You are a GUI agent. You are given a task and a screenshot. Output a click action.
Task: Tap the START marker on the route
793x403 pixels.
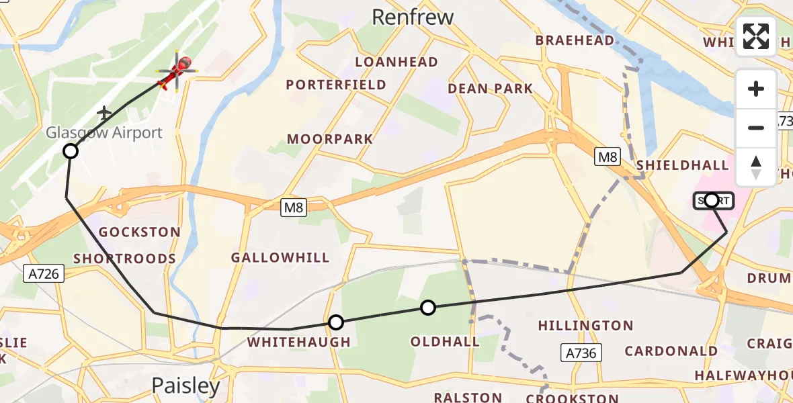point(713,200)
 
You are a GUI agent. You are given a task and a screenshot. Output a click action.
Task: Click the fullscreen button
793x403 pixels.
point(756,36)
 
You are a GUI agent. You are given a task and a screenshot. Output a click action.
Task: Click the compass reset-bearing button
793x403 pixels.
point(756,167)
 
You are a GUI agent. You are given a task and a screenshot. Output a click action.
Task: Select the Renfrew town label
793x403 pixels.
point(413,17)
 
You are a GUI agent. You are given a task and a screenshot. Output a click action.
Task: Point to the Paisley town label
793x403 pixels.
point(185,386)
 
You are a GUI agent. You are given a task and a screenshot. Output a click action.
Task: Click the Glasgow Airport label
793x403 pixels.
point(104,132)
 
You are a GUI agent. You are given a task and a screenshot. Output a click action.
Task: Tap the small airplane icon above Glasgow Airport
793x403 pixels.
point(105,112)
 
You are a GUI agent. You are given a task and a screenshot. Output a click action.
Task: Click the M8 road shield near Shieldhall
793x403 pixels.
point(607,157)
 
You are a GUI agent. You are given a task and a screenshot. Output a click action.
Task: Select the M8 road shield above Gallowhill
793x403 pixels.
point(294,208)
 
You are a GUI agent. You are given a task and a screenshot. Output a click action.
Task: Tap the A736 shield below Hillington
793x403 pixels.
point(581,353)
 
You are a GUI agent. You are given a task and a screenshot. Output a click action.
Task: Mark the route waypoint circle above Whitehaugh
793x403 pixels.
point(336,322)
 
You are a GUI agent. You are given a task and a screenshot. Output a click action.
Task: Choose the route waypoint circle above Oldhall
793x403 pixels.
point(428,308)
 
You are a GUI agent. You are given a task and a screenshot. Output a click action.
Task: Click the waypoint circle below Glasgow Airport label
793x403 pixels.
point(71,151)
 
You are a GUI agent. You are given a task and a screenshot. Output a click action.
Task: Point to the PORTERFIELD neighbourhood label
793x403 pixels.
point(336,85)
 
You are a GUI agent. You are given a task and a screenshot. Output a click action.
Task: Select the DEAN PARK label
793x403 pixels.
point(490,89)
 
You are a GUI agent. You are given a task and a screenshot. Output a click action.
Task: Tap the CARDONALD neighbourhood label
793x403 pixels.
point(671,351)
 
